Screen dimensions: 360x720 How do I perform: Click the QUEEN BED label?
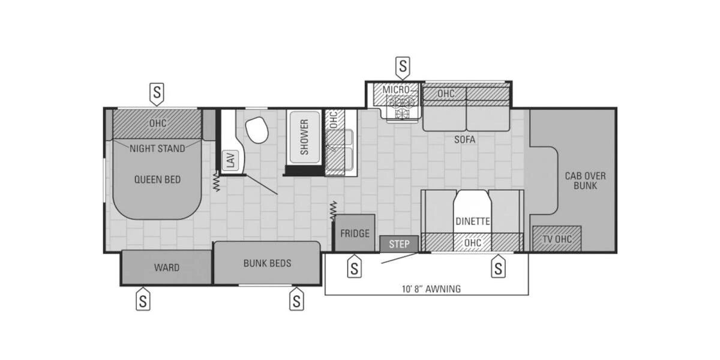tap(157, 179)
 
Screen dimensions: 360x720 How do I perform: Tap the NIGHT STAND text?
tap(157, 148)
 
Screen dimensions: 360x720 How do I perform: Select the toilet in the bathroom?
tap(257, 130)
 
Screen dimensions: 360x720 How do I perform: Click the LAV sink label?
tap(229, 160)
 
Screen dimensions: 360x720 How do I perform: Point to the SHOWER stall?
tap(304, 137)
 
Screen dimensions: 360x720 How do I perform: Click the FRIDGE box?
tap(355, 233)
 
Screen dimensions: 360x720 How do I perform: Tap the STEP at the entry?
tap(399, 244)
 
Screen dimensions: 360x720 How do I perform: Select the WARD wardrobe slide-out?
tap(166, 268)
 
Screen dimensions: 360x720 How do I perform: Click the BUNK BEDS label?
tap(267, 263)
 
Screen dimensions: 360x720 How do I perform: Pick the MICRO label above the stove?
tap(396, 90)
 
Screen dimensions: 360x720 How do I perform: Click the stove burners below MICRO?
tap(401, 107)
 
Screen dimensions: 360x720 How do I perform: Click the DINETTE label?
tap(473, 221)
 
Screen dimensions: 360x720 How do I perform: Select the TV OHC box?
tap(557, 239)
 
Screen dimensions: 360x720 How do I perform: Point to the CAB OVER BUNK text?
tap(585, 181)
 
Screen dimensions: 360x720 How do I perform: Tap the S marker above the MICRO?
tap(403, 65)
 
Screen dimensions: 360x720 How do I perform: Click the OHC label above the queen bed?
tap(157, 123)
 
